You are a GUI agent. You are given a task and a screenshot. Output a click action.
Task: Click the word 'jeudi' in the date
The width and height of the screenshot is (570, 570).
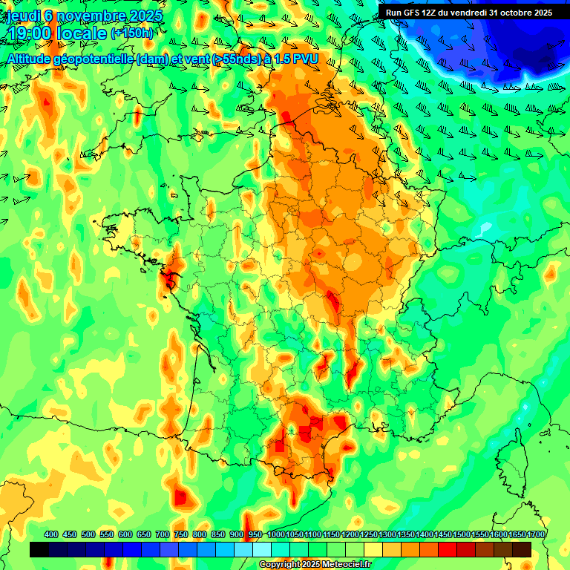(22, 16)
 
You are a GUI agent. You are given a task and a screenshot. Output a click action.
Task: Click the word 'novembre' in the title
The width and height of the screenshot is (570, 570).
(92, 16)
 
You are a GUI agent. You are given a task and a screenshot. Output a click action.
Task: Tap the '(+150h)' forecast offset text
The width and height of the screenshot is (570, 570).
(131, 33)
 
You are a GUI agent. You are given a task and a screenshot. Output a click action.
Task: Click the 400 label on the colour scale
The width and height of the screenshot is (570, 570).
(51, 534)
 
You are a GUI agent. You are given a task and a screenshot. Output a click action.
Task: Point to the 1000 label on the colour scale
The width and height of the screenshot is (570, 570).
(276, 534)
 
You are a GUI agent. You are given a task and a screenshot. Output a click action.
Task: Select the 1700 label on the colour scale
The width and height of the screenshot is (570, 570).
(536, 534)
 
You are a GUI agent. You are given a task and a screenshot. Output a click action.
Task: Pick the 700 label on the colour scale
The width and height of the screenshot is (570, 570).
(163, 534)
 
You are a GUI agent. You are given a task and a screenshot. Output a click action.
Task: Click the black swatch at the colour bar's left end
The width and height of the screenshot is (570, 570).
(39, 549)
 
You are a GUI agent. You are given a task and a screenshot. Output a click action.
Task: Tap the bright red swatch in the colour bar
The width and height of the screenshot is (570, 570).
(448, 549)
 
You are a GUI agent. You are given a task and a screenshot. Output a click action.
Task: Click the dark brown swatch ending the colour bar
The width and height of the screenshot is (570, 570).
(522, 549)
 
